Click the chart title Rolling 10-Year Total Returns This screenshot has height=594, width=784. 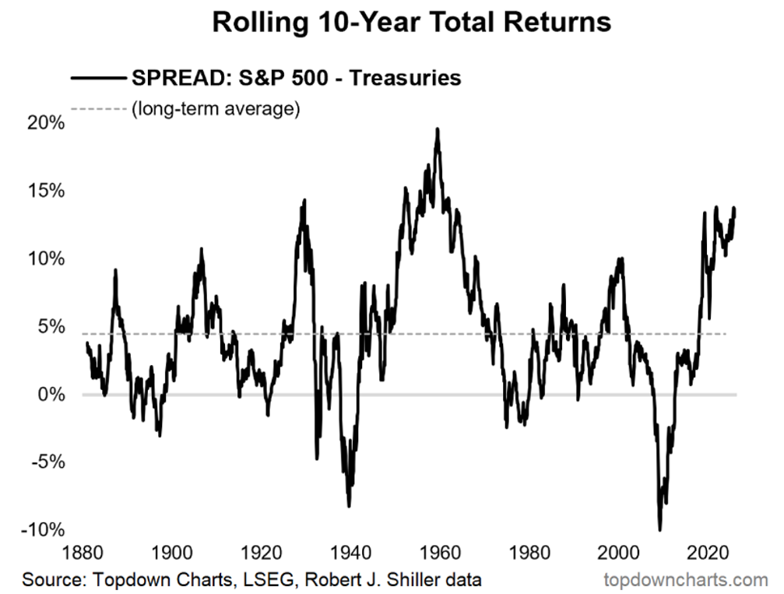pyautogui.click(x=411, y=22)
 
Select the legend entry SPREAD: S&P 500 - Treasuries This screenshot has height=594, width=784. pyautogui.click(x=297, y=78)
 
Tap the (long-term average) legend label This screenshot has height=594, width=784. pyautogui.click(x=215, y=108)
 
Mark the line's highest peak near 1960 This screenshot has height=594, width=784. pyautogui.click(x=438, y=129)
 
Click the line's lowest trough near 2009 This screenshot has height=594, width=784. pyautogui.click(x=660, y=529)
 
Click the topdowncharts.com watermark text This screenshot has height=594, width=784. pyautogui.click(x=685, y=579)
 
